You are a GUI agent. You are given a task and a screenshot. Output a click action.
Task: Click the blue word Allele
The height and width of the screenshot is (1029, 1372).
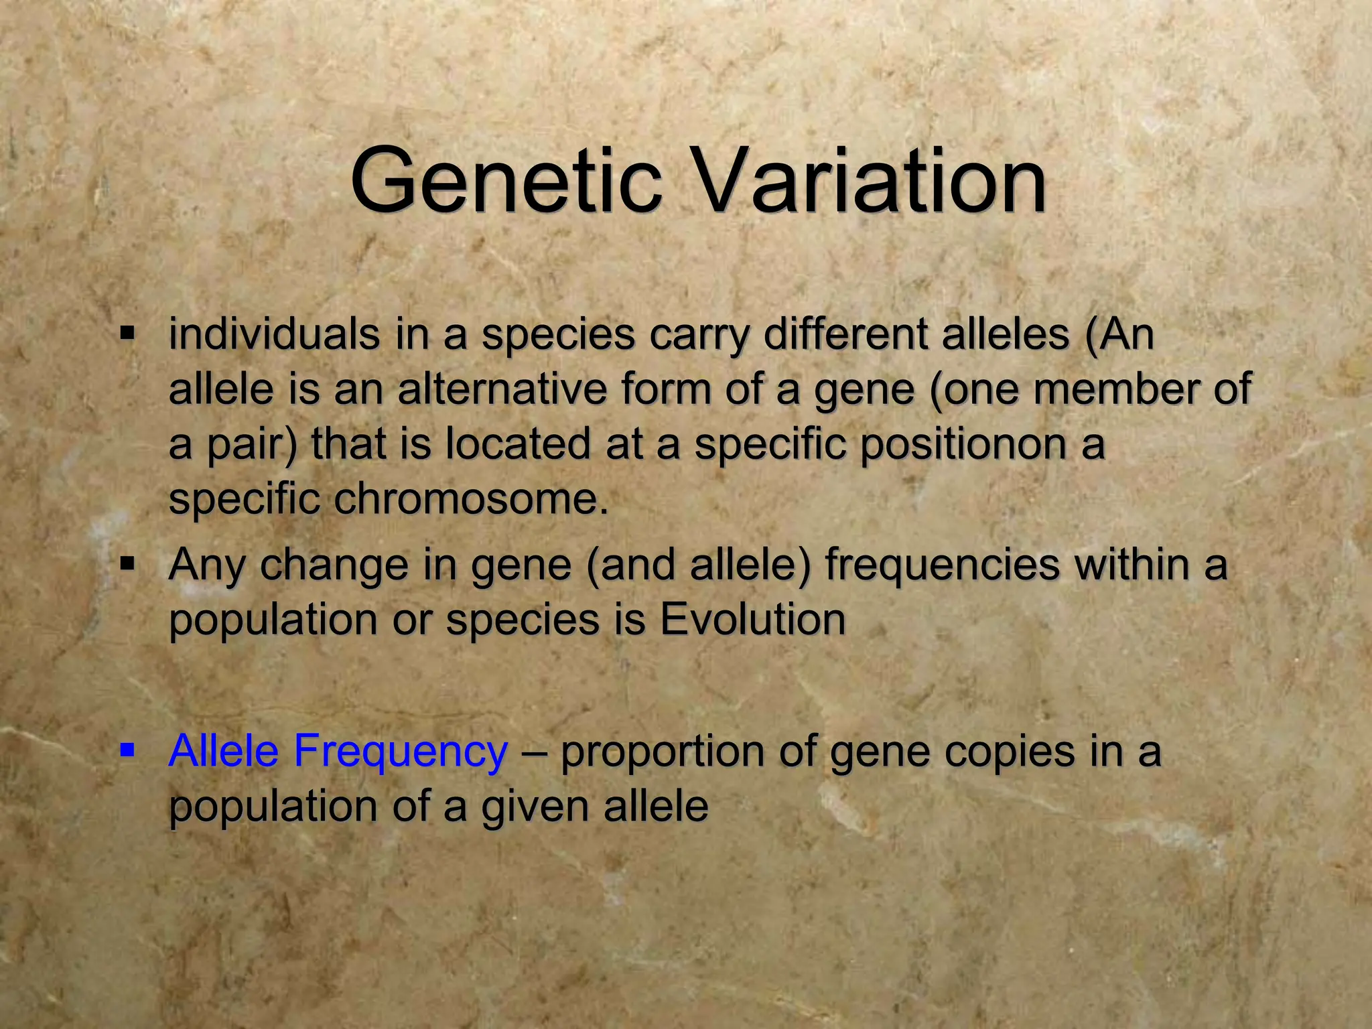tap(223, 750)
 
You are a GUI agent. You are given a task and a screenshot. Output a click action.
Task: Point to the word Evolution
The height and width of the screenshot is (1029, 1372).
tap(752, 620)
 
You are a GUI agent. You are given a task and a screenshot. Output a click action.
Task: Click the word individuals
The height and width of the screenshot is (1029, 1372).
tap(273, 334)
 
